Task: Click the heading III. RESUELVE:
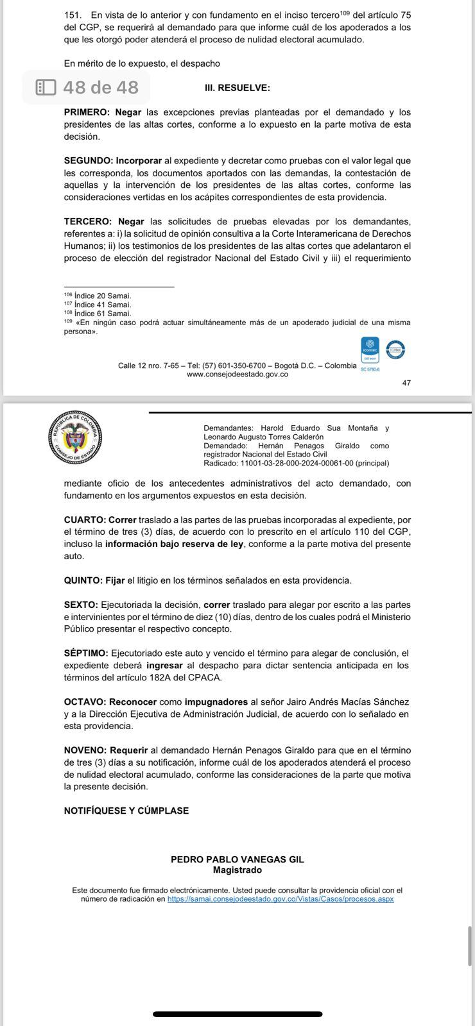pyautogui.click(x=237, y=88)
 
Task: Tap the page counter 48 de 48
pyautogui.click(x=101, y=87)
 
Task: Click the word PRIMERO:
pyautogui.click(x=87, y=112)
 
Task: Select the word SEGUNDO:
pyautogui.click(x=89, y=161)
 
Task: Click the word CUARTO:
pyautogui.click(x=85, y=520)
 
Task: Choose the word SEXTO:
pyautogui.click(x=81, y=605)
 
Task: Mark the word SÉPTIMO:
pyautogui.click(x=86, y=653)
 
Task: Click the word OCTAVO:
pyautogui.click(x=85, y=702)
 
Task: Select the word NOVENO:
pyautogui.click(x=85, y=750)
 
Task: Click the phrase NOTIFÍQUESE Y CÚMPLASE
pyautogui.click(x=126, y=811)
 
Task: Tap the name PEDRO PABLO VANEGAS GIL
pyautogui.click(x=237, y=860)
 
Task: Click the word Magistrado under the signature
pyautogui.click(x=237, y=871)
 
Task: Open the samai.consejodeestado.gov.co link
pyautogui.click(x=280, y=900)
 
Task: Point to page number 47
pyautogui.click(x=406, y=383)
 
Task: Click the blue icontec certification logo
pyautogui.click(x=370, y=349)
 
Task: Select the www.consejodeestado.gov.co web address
pyautogui.click(x=237, y=374)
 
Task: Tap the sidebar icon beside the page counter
pyautogui.click(x=46, y=87)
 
